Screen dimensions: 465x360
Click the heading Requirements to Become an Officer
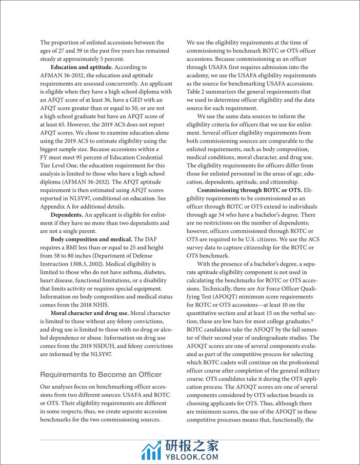[x=101, y=374]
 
